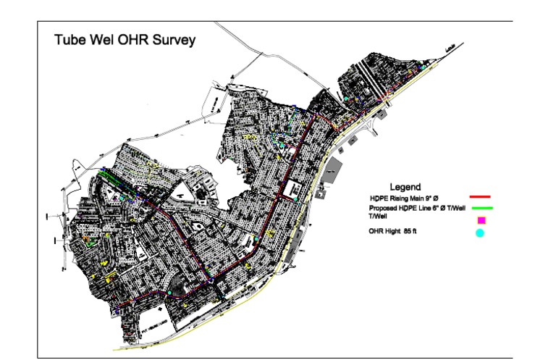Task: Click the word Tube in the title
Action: click(x=69, y=41)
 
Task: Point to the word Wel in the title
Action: click(x=102, y=41)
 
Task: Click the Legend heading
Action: click(x=405, y=187)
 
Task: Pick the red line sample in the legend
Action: click(x=480, y=196)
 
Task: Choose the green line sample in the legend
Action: click(x=480, y=208)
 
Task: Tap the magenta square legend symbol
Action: click(x=481, y=219)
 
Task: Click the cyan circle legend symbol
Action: click(x=480, y=233)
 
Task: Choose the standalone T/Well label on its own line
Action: click(x=377, y=216)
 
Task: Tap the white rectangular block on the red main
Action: click(x=297, y=190)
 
